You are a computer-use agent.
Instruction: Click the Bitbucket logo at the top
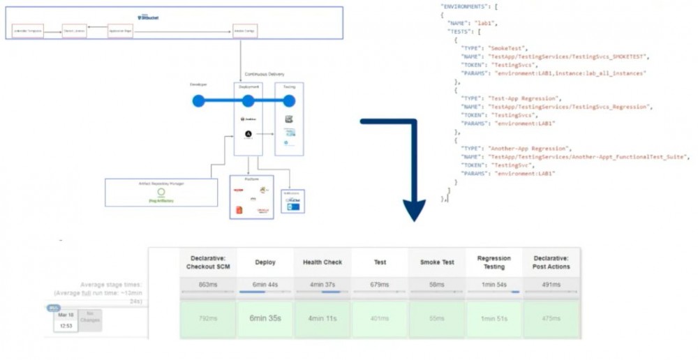148,16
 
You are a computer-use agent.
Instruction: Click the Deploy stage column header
265,262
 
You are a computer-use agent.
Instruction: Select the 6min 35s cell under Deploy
265,318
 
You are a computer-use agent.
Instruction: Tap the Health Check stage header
322,262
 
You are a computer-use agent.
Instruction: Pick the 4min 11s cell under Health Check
322,318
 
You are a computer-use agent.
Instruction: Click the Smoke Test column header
437,262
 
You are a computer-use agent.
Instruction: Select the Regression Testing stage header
494,262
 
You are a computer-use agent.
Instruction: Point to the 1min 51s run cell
494,318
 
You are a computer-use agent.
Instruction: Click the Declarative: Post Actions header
551,262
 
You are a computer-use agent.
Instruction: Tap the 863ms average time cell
208,285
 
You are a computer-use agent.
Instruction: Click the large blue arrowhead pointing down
414,209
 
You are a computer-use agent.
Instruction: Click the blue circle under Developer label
198,101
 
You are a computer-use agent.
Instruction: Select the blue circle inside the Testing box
289,101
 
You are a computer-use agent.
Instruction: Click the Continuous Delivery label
265,74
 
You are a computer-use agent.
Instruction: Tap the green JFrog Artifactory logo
161,193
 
